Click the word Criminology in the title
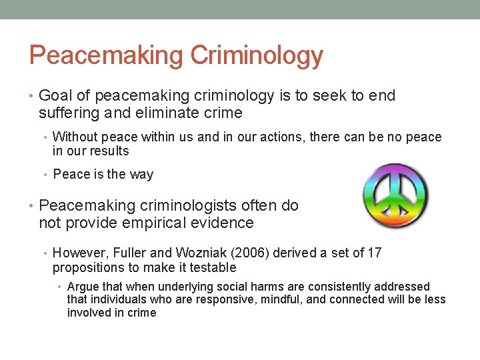tap(257, 55)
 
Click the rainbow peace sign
tap(395, 197)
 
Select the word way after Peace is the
tap(141, 175)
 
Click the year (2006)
tap(243, 253)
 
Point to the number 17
tap(374, 253)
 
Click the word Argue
tap(83, 287)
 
